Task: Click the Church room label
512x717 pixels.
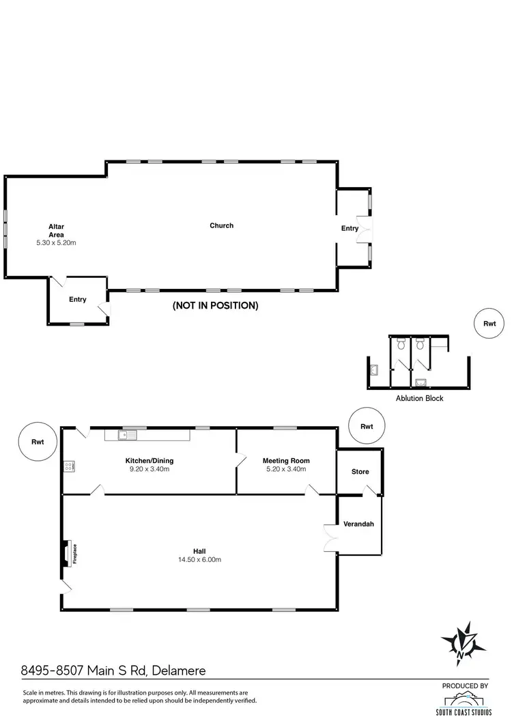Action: point(221,225)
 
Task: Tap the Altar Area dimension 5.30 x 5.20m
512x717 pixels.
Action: point(56,242)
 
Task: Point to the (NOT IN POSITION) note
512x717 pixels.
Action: point(216,306)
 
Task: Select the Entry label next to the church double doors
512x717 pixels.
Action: point(350,228)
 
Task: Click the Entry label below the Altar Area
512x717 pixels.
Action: point(77,299)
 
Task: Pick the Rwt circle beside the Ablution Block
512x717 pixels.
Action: point(489,324)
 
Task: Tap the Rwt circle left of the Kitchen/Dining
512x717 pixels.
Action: point(38,442)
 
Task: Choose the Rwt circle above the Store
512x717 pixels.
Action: point(367,426)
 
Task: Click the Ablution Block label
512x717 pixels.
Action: point(420,398)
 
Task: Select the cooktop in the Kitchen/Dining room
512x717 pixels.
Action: point(69,466)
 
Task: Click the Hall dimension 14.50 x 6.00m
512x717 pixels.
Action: point(199,559)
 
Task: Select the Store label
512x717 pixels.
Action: point(360,472)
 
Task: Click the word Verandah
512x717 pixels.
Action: point(358,524)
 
